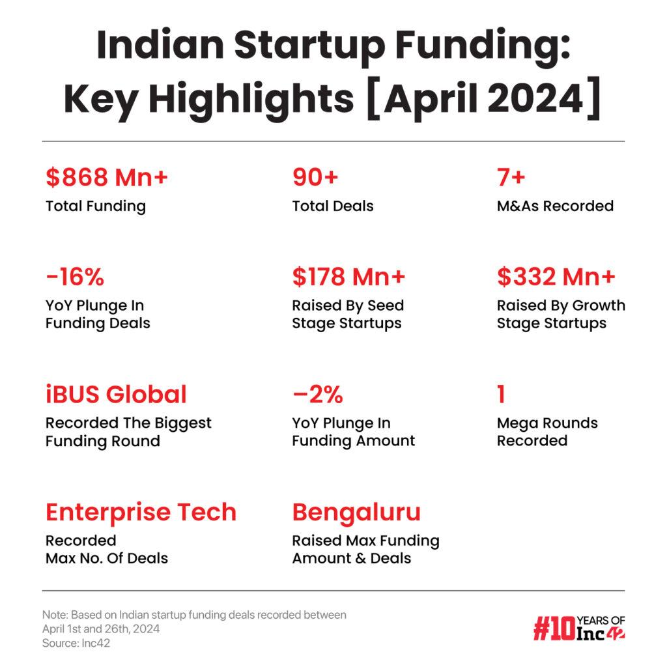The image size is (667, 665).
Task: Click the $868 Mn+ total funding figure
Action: tap(107, 177)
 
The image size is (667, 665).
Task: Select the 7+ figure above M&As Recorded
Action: tap(511, 177)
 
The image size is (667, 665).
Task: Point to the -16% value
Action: tap(75, 277)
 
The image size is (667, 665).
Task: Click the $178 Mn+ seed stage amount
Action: tap(349, 277)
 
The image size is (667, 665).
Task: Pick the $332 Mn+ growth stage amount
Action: tap(556, 277)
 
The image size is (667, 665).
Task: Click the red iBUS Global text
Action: tap(116, 394)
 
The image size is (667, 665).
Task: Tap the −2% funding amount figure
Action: tap(317, 394)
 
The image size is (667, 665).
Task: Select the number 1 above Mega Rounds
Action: tap(501, 394)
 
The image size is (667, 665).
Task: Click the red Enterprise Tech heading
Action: tap(141, 512)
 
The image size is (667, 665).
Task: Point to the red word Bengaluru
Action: tap(356, 512)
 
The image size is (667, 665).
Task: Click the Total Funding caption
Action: tap(96, 206)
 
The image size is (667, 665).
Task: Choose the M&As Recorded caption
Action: tap(555, 206)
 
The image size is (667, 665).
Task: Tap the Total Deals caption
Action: tap(333, 206)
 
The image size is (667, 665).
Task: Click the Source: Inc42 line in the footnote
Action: tap(72, 643)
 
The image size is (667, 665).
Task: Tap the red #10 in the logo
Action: tap(554, 629)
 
